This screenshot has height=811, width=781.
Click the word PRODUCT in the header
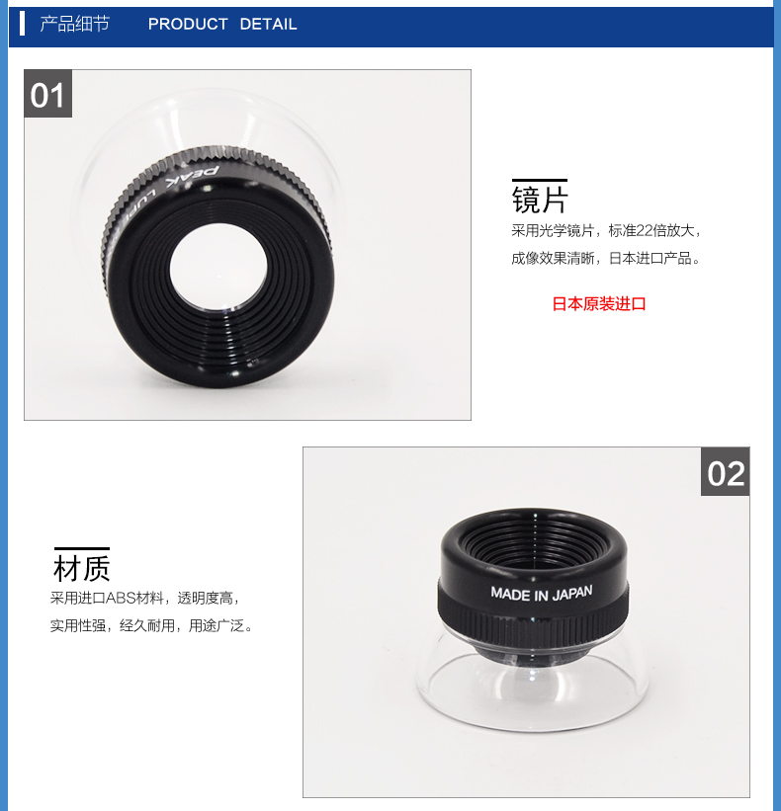click(x=188, y=24)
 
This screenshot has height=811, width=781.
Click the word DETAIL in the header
click(x=268, y=24)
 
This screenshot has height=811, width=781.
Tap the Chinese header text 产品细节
click(x=74, y=24)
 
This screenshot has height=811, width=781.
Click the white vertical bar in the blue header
click(x=22, y=24)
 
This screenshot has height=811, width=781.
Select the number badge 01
click(x=47, y=94)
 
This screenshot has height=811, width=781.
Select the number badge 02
click(x=725, y=472)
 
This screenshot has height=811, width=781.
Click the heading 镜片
click(x=540, y=200)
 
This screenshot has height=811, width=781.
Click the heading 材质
click(x=82, y=568)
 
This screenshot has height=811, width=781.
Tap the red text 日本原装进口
click(x=599, y=303)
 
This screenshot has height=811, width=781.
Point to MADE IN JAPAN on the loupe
click(x=542, y=594)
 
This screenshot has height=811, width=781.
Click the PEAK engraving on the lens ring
click(x=193, y=177)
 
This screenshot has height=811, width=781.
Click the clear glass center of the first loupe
click(x=218, y=268)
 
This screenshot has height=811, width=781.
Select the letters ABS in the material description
click(x=121, y=599)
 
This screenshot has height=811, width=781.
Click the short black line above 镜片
click(x=540, y=180)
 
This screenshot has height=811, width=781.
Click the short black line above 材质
click(x=82, y=547)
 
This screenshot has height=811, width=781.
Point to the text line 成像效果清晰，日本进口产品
click(x=606, y=258)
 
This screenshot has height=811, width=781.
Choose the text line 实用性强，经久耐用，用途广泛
click(x=150, y=626)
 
